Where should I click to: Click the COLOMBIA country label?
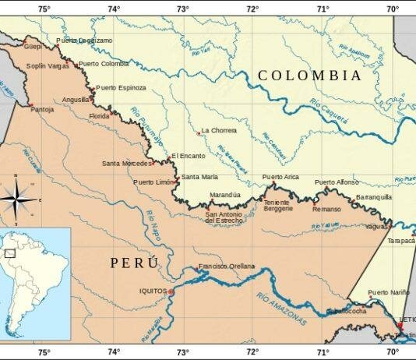click(309, 76)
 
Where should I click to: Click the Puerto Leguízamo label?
click(83, 41)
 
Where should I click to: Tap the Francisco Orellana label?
click(226, 266)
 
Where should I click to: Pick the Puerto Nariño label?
click(388, 292)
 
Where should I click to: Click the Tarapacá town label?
click(402, 241)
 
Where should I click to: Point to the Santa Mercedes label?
click(128, 163)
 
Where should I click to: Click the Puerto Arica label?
click(280, 178)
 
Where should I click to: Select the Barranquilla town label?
click(373, 198)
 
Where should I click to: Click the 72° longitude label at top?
click(252, 9)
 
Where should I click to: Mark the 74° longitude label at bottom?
click(114, 352)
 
